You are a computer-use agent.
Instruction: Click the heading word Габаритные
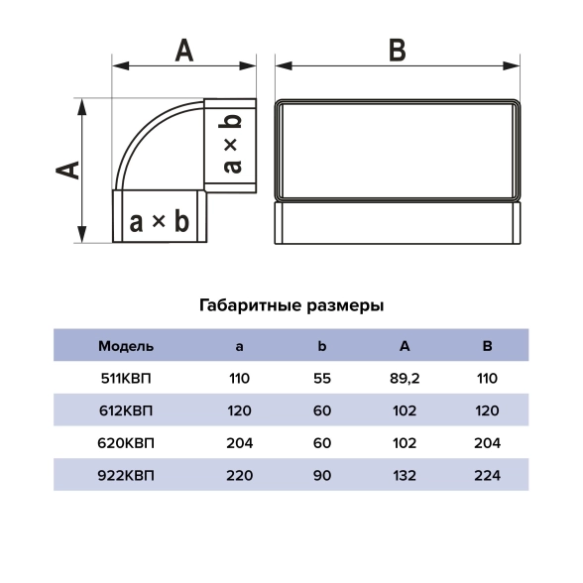coord(250,305)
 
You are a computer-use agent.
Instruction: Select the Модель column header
coord(126,347)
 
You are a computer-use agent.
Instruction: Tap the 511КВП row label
coord(126,379)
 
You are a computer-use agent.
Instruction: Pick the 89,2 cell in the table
coord(405,379)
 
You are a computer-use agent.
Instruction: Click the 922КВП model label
coord(126,476)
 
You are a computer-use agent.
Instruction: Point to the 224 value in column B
coord(487,476)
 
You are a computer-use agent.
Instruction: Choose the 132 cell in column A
coord(405,476)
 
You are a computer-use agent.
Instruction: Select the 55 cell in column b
coord(322,379)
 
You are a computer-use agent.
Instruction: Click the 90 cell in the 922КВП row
coord(322,476)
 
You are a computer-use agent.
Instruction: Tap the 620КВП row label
coord(126,443)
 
